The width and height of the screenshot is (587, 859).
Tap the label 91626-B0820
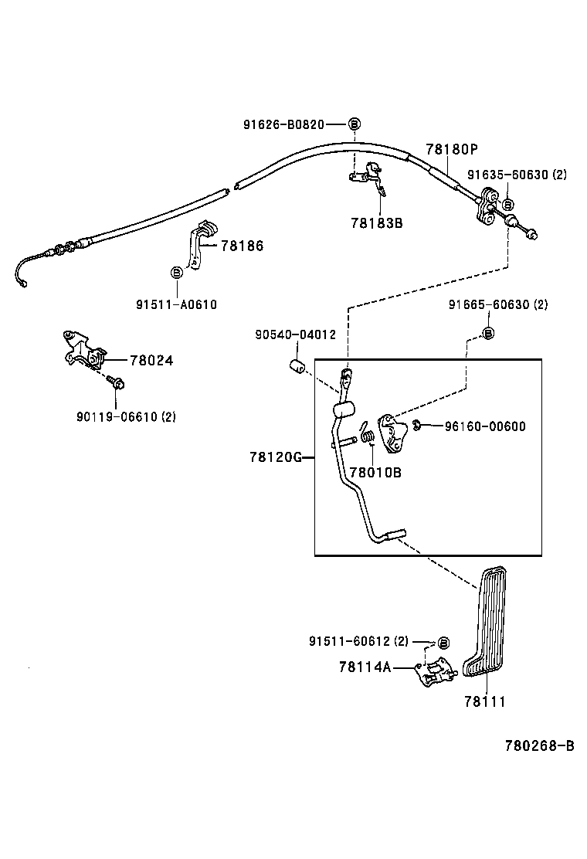[283, 124]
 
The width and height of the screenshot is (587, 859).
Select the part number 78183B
[377, 223]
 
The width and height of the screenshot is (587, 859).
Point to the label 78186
[242, 246]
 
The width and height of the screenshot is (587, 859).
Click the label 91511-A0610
[177, 304]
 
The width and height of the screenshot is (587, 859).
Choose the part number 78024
[151, 360]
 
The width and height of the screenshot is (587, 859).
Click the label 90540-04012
[295, 334]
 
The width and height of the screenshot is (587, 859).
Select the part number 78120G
[275, 457]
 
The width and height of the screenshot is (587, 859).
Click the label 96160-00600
[485, 426]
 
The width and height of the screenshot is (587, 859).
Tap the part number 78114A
[365, 667]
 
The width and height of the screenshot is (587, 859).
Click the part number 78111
[484, 701]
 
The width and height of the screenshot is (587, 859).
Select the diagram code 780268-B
[539, 745]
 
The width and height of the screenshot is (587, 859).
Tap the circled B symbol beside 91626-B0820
[355, 124]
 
